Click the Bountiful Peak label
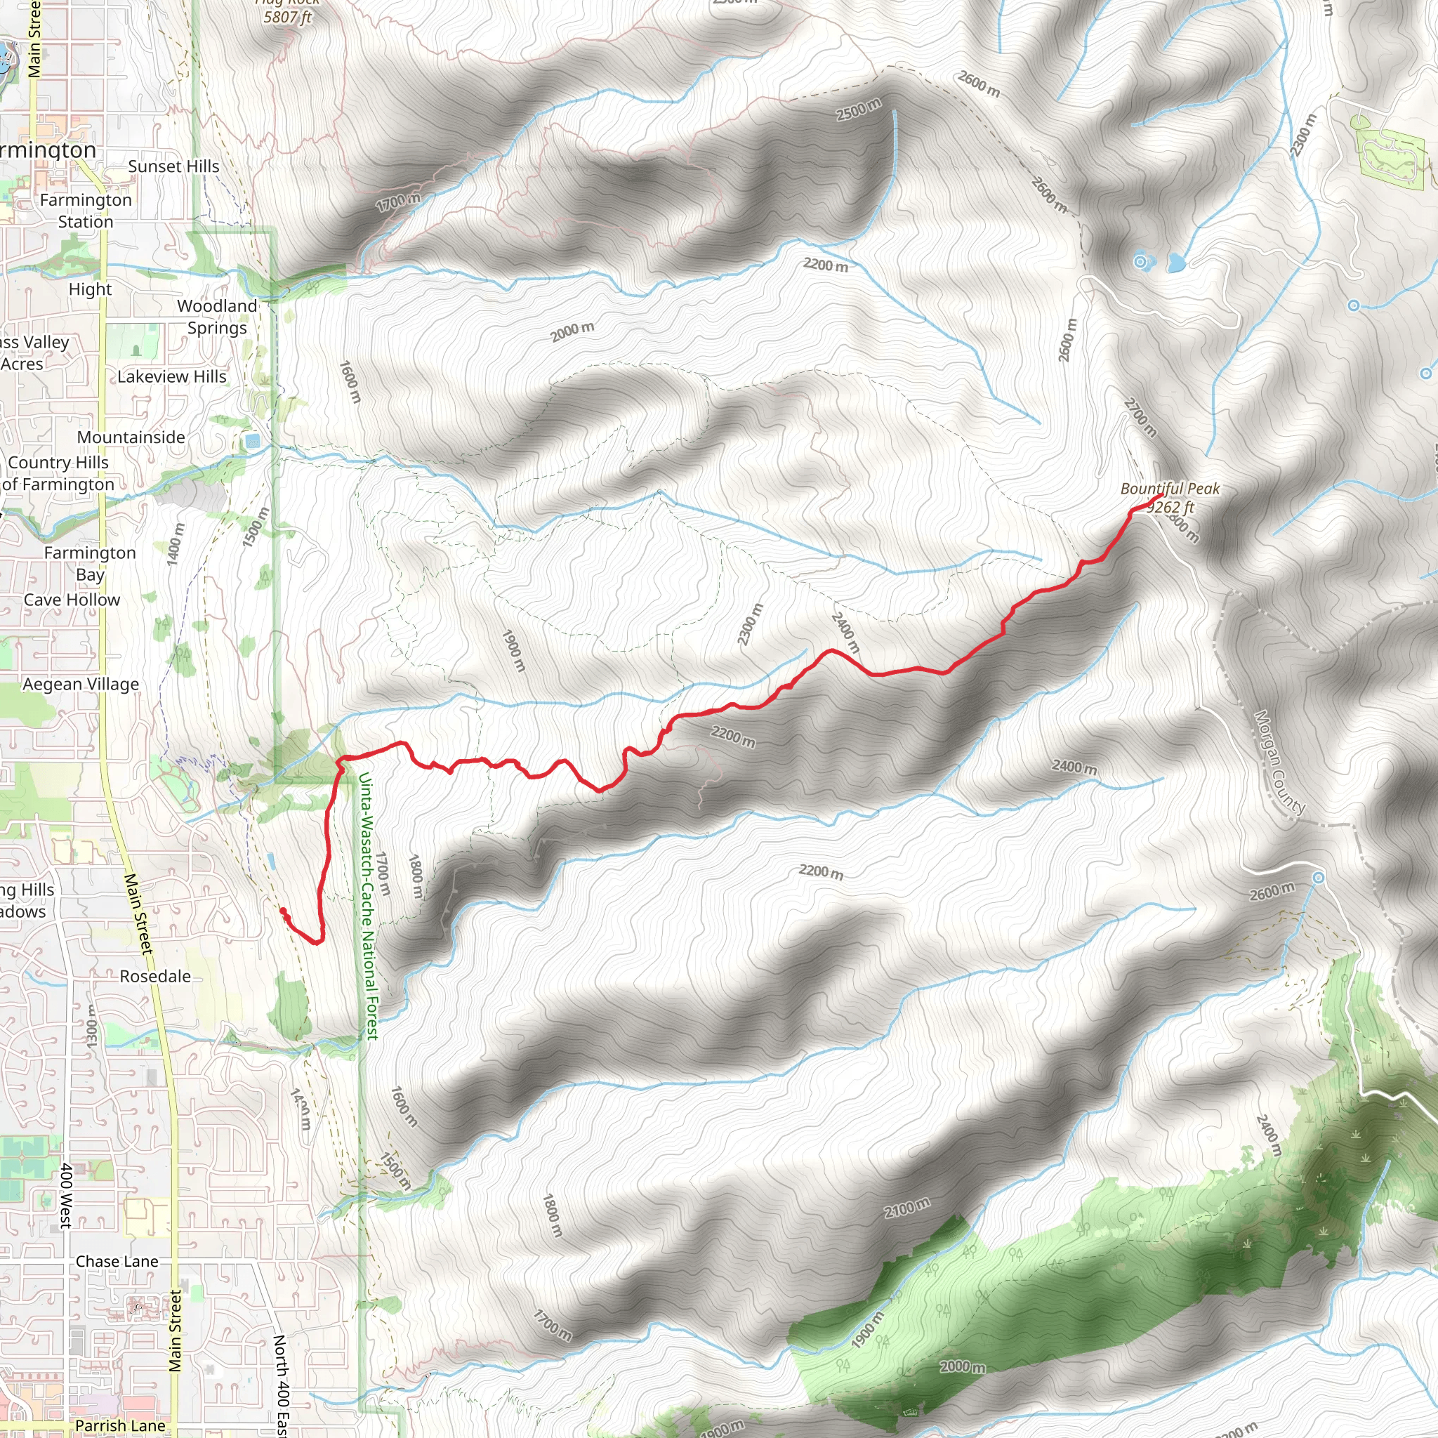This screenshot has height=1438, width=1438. click(1169, 489)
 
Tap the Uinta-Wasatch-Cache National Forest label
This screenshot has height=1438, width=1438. click(368, 905)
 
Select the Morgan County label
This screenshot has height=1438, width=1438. click(1279, 763)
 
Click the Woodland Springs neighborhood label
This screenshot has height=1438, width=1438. click(216, 317)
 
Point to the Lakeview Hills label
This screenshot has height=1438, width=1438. click(172, 376)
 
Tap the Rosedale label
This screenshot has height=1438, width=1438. click(156, 977)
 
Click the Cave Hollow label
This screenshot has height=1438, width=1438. click(72, 600)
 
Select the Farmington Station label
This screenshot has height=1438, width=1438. click(86, 211)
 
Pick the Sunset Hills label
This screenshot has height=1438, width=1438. click(173, 166)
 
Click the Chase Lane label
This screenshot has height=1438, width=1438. click(117, 1262)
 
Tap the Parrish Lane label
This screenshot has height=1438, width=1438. click(120, 1426)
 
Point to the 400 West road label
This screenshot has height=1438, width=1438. click(66, 1195)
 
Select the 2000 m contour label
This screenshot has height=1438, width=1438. click(572, 332)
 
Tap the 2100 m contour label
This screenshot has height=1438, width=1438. click(906, 1208)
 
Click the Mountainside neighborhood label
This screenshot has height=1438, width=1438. click(131, 437)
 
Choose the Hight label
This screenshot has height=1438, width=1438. click(90, 289)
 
